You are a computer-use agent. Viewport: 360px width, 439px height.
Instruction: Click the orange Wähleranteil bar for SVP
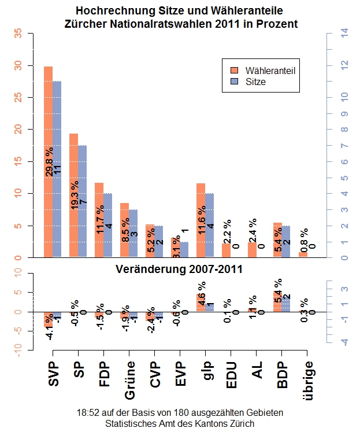[x=49, y=116]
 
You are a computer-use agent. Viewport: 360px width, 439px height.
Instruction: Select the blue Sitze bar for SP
[x=82, y=174]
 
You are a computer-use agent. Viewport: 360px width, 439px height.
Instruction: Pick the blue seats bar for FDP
[x=107, y=226]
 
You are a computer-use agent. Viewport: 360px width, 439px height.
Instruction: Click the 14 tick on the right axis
[x=345, y=34]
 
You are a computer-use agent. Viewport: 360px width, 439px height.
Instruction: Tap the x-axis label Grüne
[x=131, y=382]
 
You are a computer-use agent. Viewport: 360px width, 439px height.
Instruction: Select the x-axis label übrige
[x=309, y=382]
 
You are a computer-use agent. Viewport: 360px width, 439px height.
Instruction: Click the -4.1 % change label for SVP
[x=50, y=326]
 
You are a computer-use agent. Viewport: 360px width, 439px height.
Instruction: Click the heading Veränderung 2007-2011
[x=179, y=270]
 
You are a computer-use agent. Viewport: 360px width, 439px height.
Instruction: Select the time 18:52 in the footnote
[x=87, y=414]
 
